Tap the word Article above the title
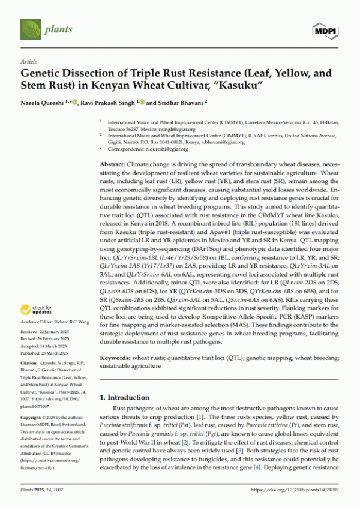(28, 62)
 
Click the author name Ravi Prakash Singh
(110, 103)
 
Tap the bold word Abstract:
(112, 164)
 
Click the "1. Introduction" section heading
(124, 397)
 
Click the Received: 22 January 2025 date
(46, 332)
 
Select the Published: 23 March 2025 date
(45, 354)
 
